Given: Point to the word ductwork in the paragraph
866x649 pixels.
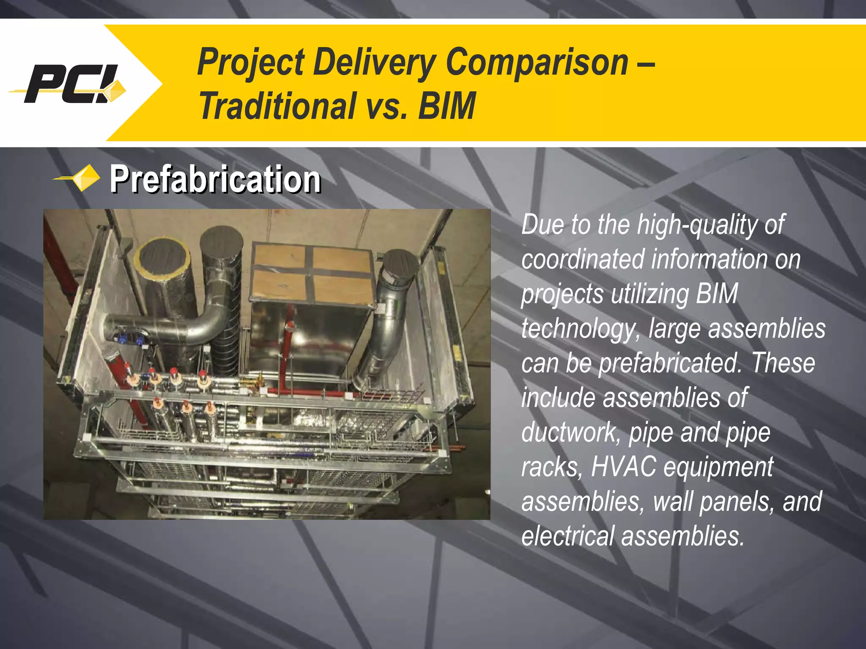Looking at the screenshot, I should click(570, 433).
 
